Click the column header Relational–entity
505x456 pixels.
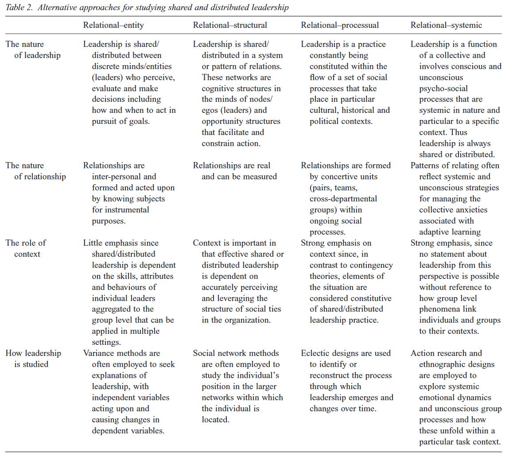coord(113,25)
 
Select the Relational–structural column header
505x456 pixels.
coord(230,25)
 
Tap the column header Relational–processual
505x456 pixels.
coord(340,25)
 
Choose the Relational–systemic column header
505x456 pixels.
coord(446,25)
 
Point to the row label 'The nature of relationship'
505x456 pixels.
coord(35,171)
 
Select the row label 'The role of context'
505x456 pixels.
coord(26,248)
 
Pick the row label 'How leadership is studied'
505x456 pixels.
coord(33,359)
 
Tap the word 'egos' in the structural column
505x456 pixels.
coord(210,110)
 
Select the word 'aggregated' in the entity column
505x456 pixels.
coord(111,309)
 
